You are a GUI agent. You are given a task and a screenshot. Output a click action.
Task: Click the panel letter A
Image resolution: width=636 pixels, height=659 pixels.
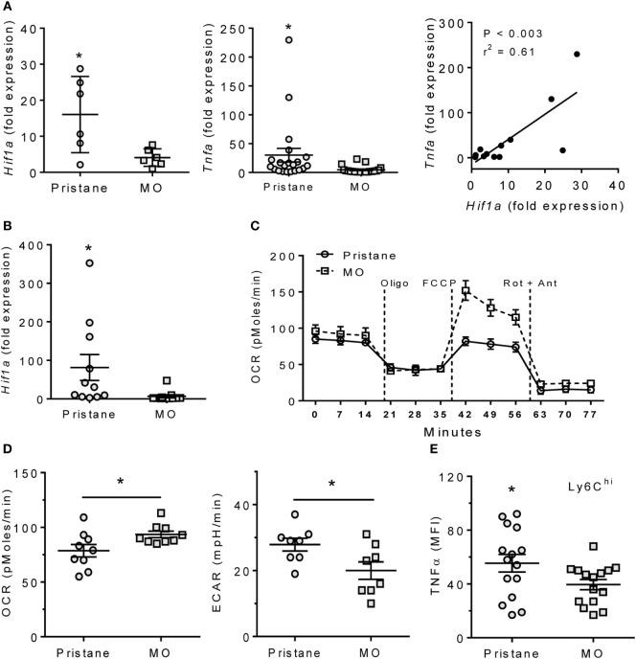8,8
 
